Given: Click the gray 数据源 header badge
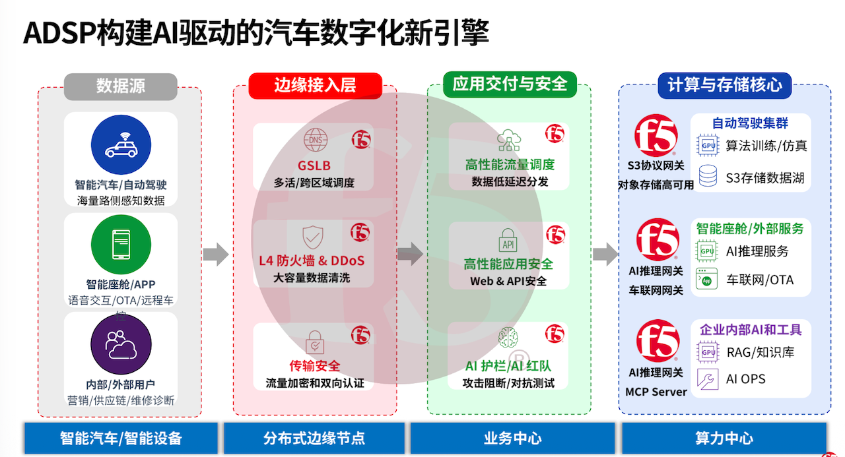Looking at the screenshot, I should tap(120, 86).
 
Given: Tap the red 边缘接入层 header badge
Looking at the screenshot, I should tap(315, 86).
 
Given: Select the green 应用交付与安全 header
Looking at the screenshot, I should tap(510, 84).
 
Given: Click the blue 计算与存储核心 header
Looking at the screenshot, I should tap(724, 85).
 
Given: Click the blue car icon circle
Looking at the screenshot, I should tap(121, 145).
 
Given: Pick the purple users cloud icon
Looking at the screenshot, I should tap(121, 344).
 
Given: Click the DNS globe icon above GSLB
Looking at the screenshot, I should tap(315, 140).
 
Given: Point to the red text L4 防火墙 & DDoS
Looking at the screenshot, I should tap(312, 260).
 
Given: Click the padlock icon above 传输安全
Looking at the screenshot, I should tap(315, 343).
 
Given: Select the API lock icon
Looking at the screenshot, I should tap(509, 240).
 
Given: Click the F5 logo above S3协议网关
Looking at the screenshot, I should tap(656, 137).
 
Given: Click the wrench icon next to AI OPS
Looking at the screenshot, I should tap(708, 379).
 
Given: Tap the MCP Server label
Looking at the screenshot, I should tap(656, 392).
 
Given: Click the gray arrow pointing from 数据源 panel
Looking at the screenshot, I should tap(215, 254).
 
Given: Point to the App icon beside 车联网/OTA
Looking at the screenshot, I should tap(708, 280).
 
